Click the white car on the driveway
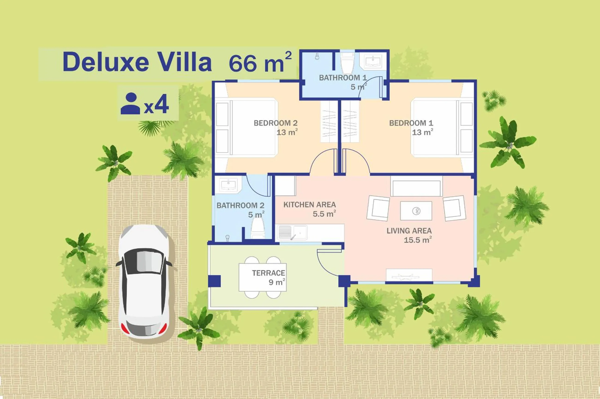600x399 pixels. click(x=144, y=281)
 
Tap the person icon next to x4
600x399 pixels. click(x=130, y=104)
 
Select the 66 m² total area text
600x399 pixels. click(x=260, y=62)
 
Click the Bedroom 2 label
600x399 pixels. click(x=276, y=123)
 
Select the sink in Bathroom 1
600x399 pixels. click(x=373, y=61)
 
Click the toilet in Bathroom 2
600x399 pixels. click(x=258, y=228)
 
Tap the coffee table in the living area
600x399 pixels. click(x=416, y=211)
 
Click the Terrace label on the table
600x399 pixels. click(x=268, y=273)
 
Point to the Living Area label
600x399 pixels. click(x=409, y=231)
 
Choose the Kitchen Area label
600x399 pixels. click(x=309, y=205)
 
